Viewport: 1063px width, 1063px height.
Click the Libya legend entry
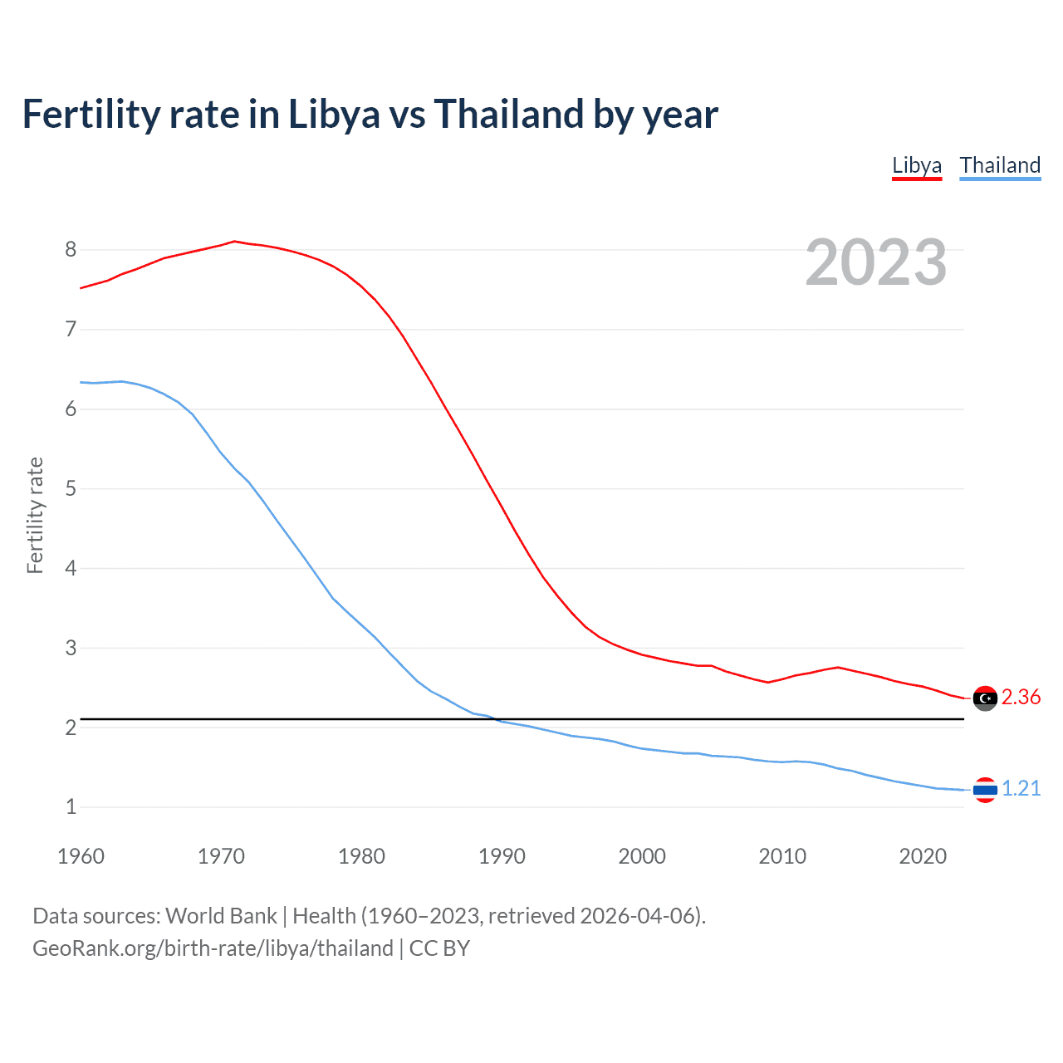[x=917, y=165]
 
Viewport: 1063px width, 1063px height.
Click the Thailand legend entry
[x=1000, y=165]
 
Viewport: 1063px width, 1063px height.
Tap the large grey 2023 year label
[x=876, y=262]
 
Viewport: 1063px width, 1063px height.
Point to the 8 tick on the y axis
[x=71, y=249]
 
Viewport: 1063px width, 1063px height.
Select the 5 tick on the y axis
[x=71, y=488]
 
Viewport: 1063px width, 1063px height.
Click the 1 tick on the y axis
[x=71, y=806]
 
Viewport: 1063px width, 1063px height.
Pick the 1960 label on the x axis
[x=81, y=856]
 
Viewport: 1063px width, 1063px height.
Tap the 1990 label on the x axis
[x=502, y=856]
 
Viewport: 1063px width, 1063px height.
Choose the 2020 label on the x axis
[x=923, y=856]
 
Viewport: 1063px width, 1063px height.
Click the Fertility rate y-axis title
[x=35, y=515]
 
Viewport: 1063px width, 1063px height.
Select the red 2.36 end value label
[x=1021, y=698]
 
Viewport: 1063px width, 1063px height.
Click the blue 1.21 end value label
[x=1021, y=789]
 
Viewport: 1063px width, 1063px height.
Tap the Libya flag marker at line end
[x=985, y=698]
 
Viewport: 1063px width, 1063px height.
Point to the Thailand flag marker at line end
[x=985, y=790]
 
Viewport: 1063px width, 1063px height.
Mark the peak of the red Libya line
[x=234, y=241]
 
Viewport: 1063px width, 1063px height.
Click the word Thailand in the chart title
[x=508, y=114]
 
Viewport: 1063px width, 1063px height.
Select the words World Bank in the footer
[x=221, y=916]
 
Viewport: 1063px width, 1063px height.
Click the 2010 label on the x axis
[x=782, y=856]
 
